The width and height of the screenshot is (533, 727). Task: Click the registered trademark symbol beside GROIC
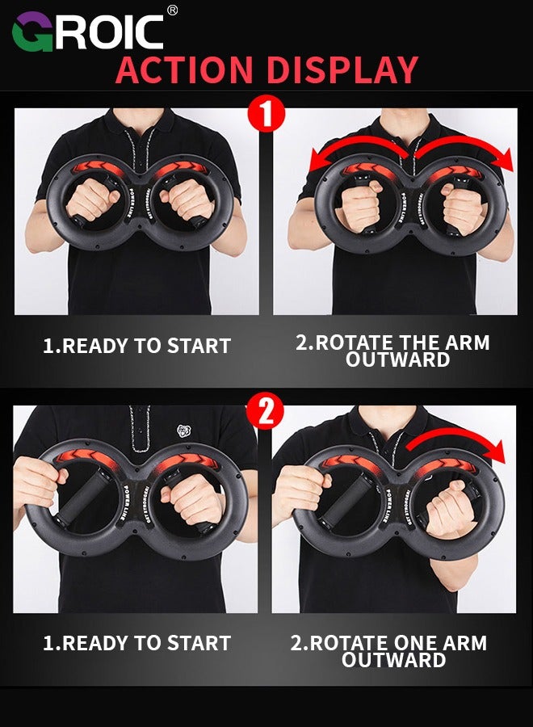pyautogui.click(x=172, y=10)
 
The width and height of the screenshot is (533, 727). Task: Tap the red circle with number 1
pyautogui.click(x=266, y=116)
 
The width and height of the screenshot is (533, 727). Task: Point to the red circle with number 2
pyautogui.click(x=266, y=412)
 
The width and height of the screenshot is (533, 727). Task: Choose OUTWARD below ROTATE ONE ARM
pyautogui.click(x=393, y=660)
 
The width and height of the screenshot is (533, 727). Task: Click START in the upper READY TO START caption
pyautogui.click(x=199, y=346)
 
